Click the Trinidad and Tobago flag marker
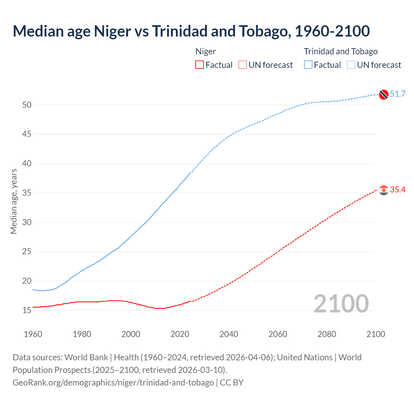tap(384, 94)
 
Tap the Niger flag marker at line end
tap(384, 190)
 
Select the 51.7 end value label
tap(398, 94)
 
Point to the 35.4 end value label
tap(398, 190)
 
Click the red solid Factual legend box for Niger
tap(200, 65)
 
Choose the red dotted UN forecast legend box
tap(243, 65)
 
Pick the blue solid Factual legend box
tap(308, 65)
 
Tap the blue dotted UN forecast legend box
tap(351, 65)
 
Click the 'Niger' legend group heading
tap(206, 51)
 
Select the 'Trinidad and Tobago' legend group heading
tap(341, 51)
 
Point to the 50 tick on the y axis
tap(27, 105)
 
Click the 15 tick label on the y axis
tap(27, 310)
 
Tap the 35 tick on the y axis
tap(27, 193)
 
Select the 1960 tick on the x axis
tap(33, 334)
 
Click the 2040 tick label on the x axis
tap(229, 334)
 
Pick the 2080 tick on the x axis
tap(327, 334)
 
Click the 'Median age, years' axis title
tap(14, 201)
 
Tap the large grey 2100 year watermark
tap(341, 303)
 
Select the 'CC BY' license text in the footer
tap(232, 383)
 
